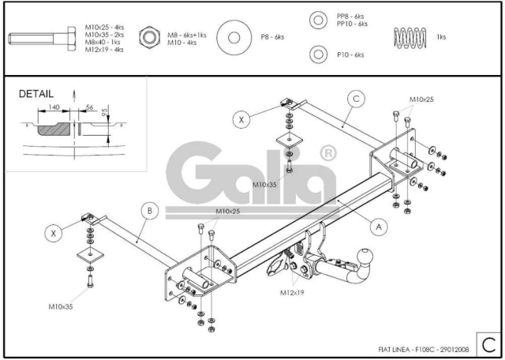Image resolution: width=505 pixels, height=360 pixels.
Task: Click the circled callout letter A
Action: click(379, 227)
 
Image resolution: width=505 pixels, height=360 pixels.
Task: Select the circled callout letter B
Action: click(150, 211)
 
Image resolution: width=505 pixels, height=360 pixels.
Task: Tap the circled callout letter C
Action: click(356, 99)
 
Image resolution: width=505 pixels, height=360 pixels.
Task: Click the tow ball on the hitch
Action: click(365, 257)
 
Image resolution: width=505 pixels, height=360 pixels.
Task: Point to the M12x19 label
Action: click(292, 293)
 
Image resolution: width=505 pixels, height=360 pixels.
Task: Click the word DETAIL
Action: click(36, 94)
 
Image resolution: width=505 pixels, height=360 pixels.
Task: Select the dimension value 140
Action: click(54, 107)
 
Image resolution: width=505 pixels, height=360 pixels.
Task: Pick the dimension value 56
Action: click(89, 107)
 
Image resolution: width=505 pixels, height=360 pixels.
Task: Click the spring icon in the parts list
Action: click(410, 38)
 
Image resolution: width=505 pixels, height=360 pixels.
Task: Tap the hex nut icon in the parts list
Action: click(149, 37)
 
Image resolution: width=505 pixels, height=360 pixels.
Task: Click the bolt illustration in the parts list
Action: click(42, 39)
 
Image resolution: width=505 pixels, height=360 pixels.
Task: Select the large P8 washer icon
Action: click(234, 37)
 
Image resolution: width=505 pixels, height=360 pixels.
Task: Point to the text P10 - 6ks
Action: click(350, 54)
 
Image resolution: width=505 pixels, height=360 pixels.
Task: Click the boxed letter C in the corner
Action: click(488, 345)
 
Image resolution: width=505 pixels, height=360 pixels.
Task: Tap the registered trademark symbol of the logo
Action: click(328, 154)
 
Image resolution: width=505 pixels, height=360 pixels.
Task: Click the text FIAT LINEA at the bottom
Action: click(394, 350)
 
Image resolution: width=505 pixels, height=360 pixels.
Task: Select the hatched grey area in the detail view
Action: click(54, 129)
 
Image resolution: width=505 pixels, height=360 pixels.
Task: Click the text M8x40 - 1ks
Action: click(103, 42)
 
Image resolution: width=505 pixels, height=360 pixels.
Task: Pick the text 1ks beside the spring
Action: click(441, 37)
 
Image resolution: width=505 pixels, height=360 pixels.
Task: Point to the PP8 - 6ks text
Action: click(350, 16)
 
